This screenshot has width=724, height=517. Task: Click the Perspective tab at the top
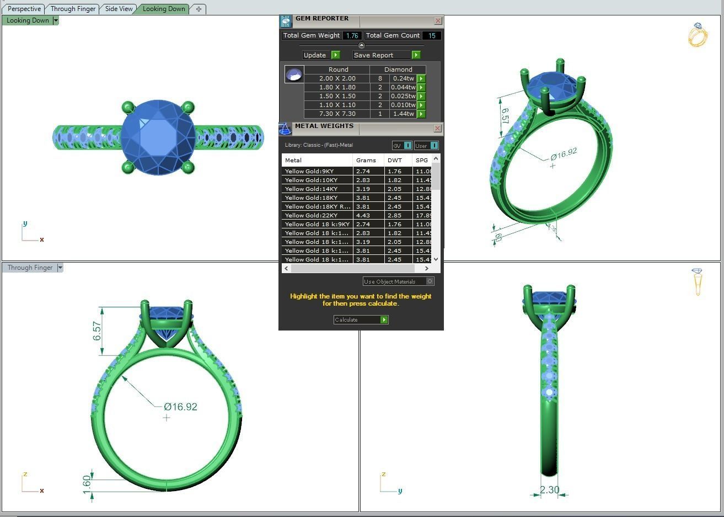tap(24, 9)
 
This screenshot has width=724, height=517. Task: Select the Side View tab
tap(119, 9)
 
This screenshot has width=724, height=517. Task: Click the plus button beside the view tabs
tap(199, 9)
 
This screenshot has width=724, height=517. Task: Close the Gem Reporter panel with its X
tap(438, 21)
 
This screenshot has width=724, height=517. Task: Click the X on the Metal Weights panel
tap(437, 128)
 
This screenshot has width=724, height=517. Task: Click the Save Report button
tap(387, 55)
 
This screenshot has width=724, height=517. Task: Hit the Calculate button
tap(361, 319)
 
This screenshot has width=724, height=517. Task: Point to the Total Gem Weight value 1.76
tap(352, 35)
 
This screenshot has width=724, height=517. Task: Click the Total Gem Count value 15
tap(431, 35)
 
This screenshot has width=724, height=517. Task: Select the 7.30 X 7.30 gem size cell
tap(337, 114)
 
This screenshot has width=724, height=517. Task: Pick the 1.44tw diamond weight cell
tap(403, 114)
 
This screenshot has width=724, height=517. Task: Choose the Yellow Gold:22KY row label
tap(312, 215)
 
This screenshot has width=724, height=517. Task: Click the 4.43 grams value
tap(363, 215)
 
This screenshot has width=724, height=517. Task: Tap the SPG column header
tap(422, 160)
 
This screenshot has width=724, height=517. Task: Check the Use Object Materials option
tap(430, 281)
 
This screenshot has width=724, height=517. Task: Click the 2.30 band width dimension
tap(549, 489)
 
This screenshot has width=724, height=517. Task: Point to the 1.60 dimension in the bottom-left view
tap(87, 482)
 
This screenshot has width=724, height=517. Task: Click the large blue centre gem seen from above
tap(158, 137)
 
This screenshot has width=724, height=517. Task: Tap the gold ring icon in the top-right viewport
tap(697, 35)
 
